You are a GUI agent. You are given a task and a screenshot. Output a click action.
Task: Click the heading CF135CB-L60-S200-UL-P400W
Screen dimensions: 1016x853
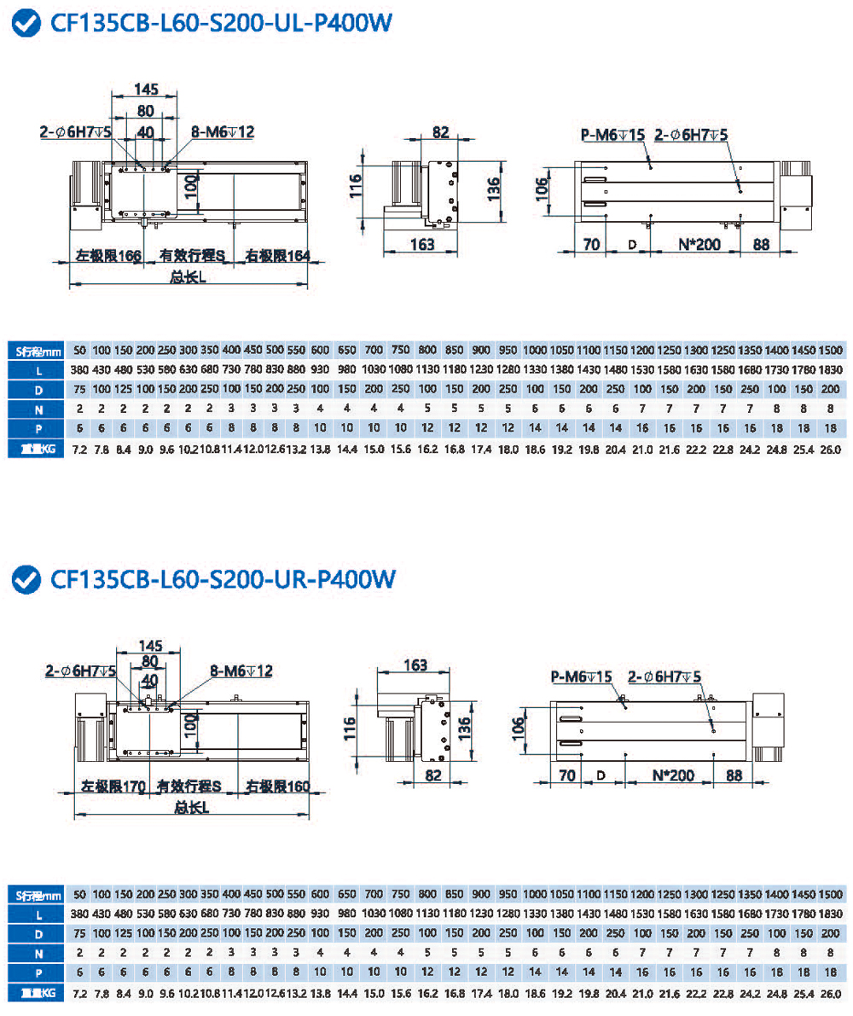point(220,24)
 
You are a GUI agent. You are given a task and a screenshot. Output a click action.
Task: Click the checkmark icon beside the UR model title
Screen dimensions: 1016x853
point(27,579)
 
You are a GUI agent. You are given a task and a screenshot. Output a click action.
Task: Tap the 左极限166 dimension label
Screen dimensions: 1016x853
point(107,255)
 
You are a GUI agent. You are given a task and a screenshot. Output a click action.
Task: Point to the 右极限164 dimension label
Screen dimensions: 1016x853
point(276,255)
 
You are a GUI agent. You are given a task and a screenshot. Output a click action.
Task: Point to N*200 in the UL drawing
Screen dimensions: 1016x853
point(699,244)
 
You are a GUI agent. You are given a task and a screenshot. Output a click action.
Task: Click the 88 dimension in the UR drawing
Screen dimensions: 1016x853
point(737,775)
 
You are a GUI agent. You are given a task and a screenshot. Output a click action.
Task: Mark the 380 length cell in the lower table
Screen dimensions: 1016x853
point(80,914)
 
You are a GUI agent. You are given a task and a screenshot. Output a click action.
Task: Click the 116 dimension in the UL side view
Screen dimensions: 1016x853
point(357,185)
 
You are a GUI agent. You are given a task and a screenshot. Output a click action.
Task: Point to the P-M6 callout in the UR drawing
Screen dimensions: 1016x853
point(582,676)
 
